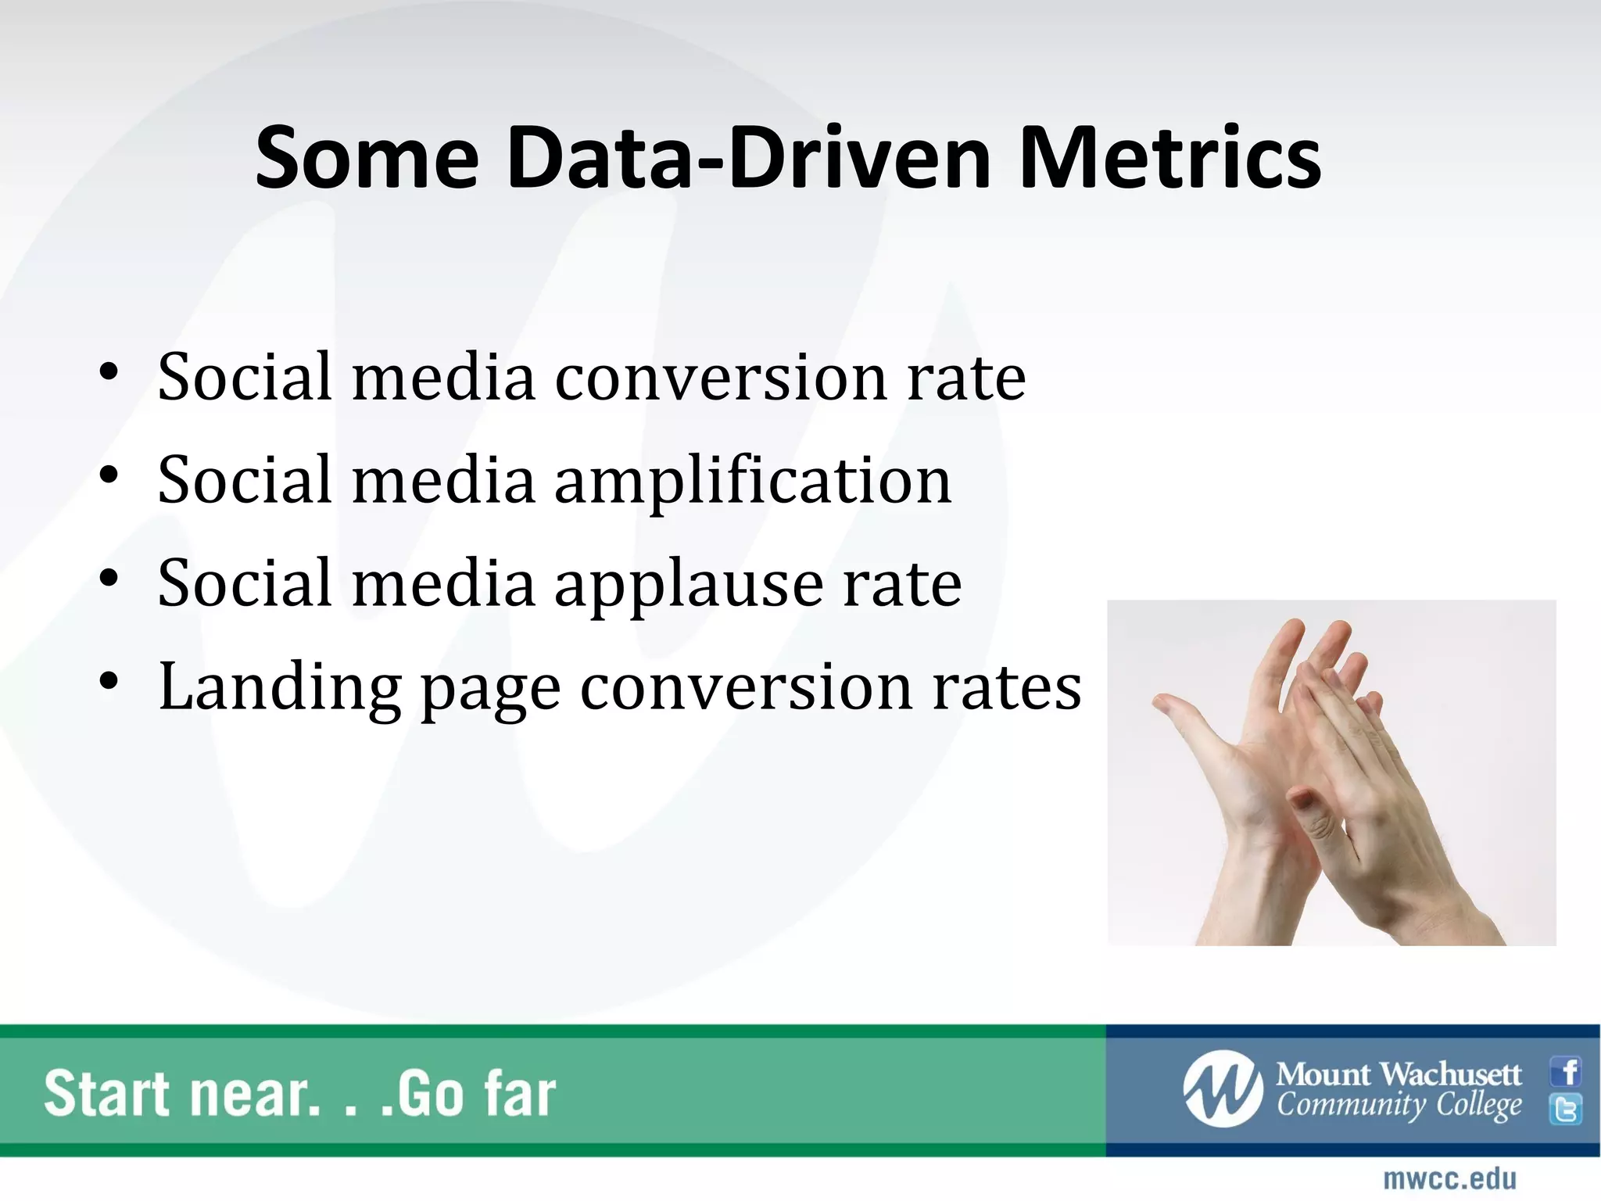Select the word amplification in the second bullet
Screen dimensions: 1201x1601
(753, 481)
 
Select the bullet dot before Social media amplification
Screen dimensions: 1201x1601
(109, 475)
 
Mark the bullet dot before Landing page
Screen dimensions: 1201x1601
(109, 680)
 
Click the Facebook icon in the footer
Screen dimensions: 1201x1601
(1566, 1071)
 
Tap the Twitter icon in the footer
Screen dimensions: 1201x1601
(1566, 1109)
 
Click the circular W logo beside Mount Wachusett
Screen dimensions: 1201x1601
(1223, 1089)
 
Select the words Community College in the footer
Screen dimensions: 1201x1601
(1399, 1106)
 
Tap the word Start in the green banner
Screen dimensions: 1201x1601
(106, 1094)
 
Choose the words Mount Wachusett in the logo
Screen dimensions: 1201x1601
(1399, 1074)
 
